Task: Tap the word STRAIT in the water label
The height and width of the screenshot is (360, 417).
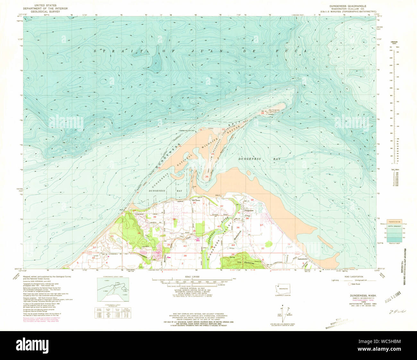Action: click(x=110, y=51)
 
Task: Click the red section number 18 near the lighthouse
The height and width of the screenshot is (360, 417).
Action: click(x=262, y=113)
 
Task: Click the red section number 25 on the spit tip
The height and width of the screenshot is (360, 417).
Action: click(x=207, y=177)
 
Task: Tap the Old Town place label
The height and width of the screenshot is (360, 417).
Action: click(x=196, y=200)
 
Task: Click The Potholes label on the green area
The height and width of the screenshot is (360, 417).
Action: click(x=243, y=262)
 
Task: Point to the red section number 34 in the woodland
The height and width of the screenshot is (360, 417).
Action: click(x=139, y=233)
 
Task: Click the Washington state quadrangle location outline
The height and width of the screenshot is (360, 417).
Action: click(x=283, y=288)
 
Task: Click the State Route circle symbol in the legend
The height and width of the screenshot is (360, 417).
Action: click(x=350, y=284)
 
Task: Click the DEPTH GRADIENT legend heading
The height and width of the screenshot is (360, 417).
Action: click(x=395, y=226)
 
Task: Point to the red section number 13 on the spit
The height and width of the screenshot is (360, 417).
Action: click(x=223, y=129)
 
